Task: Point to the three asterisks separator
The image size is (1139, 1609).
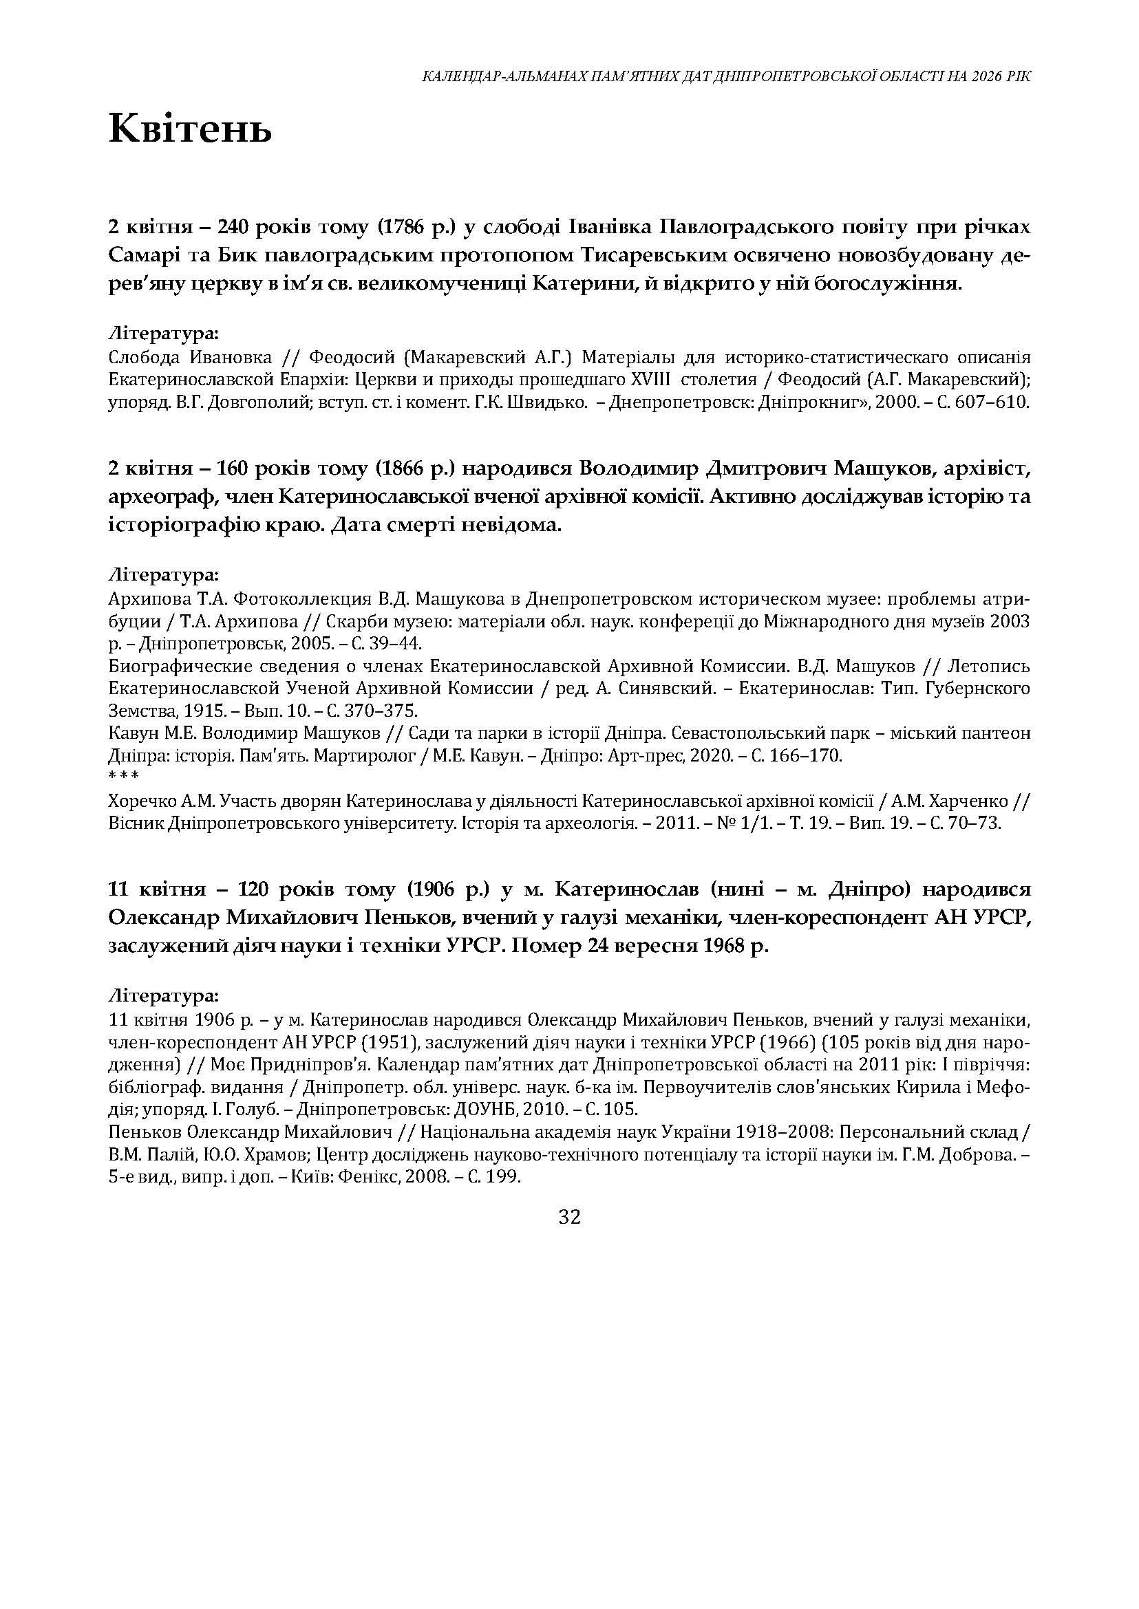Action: pos(123,777)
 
